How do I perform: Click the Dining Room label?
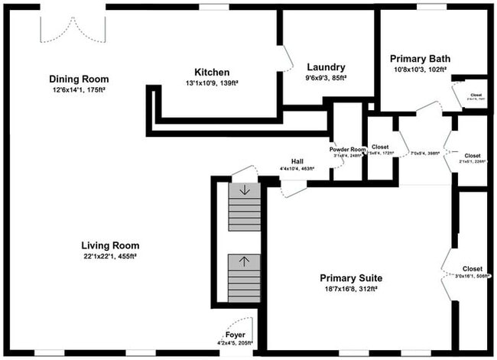[79, 79]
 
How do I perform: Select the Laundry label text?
[326, 66]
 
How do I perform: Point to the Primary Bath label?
[420, 58]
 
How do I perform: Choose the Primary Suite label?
[351, 277]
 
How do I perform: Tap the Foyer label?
[236, 336]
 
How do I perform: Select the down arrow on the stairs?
[244, 190]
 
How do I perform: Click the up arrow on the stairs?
[244, 261]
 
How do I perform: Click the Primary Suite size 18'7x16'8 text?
[351, 289]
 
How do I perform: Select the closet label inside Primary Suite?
[473, 269]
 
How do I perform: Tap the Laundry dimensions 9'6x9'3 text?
[326, 77]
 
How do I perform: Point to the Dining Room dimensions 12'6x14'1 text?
[79, 90]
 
